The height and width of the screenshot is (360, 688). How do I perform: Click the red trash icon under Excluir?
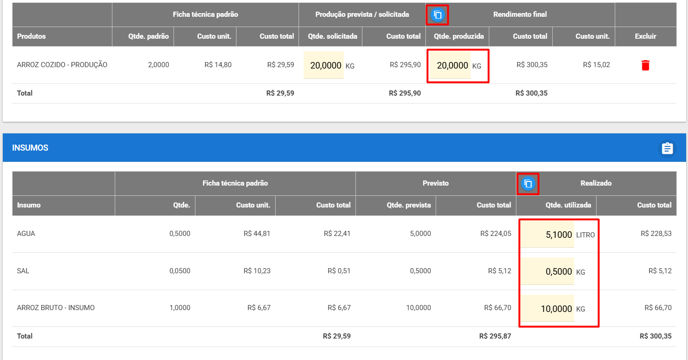point(645,65)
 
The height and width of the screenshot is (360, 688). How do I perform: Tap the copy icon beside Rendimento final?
point(438,15)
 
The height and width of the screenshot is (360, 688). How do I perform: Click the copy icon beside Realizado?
point(528,184)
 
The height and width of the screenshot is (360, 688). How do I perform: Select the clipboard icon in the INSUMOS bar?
point(667,148)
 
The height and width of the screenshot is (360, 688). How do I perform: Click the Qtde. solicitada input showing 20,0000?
point(324,65)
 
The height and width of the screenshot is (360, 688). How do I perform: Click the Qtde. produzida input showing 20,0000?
point(450,65)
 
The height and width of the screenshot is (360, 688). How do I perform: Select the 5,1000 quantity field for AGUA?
point(547,235)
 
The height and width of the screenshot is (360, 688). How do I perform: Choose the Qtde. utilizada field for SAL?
point(547,271)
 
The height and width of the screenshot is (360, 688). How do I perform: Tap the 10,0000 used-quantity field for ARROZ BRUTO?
point(547,308)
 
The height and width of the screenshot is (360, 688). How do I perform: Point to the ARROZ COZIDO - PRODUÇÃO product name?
point(62,65)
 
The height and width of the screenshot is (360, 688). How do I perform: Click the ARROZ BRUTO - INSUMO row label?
point(56,307)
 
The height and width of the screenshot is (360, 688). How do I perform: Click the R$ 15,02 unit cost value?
point(596,65)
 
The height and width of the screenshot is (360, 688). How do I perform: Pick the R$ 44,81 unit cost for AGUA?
point(257,234)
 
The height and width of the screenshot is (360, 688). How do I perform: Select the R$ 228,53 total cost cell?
point(656,234)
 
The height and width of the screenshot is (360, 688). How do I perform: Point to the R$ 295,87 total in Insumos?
point(495,336)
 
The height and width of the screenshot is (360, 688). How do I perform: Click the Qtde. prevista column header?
point(409,205)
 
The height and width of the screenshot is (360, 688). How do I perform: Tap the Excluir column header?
point(645,36)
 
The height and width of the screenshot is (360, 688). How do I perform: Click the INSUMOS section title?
point(30,148)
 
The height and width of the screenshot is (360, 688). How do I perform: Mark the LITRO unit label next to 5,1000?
point(585,235)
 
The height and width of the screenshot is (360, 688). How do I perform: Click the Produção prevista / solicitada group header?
point(362,14)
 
